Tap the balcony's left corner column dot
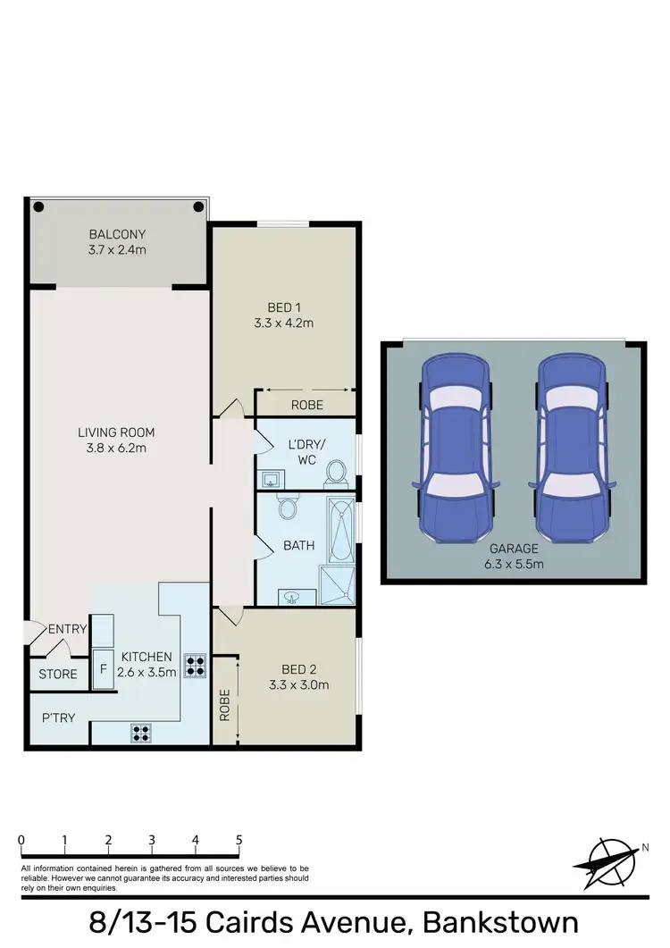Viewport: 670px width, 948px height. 38,206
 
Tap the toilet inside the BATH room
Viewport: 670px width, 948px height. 288,508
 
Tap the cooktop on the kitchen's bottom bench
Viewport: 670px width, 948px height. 140,733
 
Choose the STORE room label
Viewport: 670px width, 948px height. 58,675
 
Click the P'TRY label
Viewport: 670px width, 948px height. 57,717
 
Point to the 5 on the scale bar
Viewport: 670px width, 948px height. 239,840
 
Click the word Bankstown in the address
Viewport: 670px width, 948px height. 499,922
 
